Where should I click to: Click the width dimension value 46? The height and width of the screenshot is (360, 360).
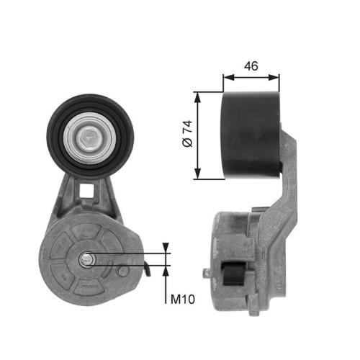251,66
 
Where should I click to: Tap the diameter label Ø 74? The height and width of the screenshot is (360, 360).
187,135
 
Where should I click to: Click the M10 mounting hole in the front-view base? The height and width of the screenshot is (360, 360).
86,257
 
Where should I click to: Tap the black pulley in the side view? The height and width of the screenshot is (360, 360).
251,135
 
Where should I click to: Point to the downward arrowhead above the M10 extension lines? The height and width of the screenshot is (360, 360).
167,248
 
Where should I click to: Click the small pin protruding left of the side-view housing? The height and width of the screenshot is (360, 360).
207,274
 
